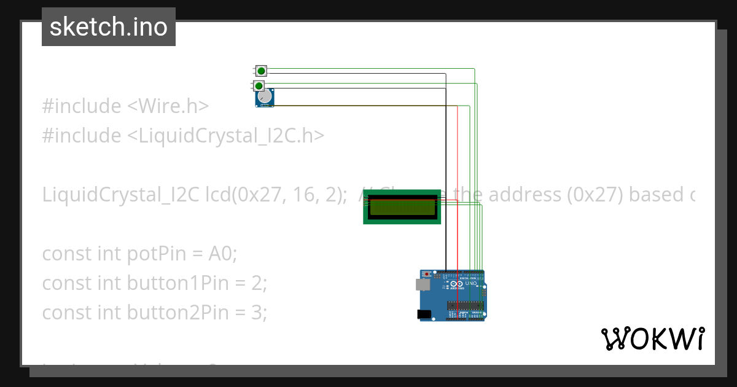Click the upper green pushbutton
coord(261,71)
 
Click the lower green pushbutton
coord(259,85)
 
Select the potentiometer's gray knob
coord(264,97)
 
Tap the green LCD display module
coord(402,207)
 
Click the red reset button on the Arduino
coord(428,274)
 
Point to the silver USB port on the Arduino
coord(422,284)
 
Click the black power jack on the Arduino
coord(423,314)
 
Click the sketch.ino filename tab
coord(109,27)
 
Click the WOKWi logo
coord(652,338)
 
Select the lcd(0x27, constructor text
coord(241,195)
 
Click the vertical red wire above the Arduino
coord(458,184)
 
